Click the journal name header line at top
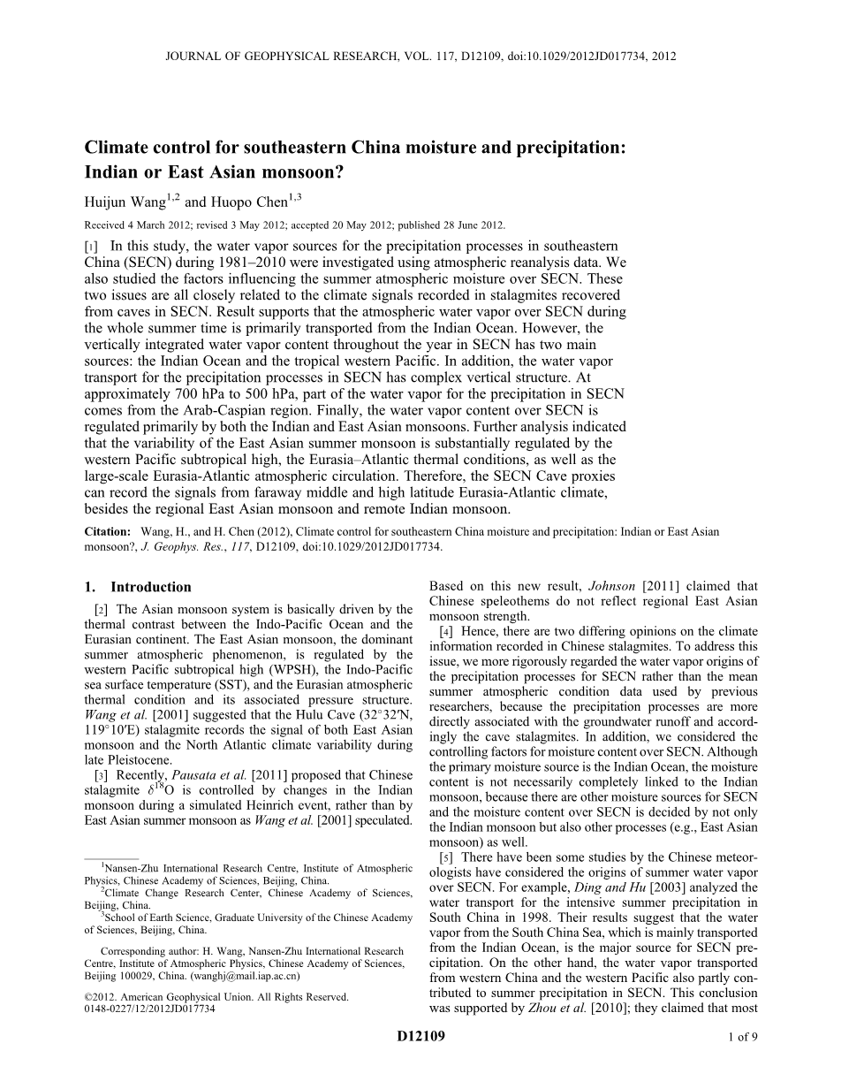[x=420, y=56]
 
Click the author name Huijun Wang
[x=125, y=202]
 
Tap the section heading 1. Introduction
[x=138, y=587]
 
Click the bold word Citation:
[x=107, y=532]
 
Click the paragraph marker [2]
[x=101, y=610]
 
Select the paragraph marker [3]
[x=101, y=775]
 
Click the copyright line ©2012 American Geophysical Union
[x=216, y=996]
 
